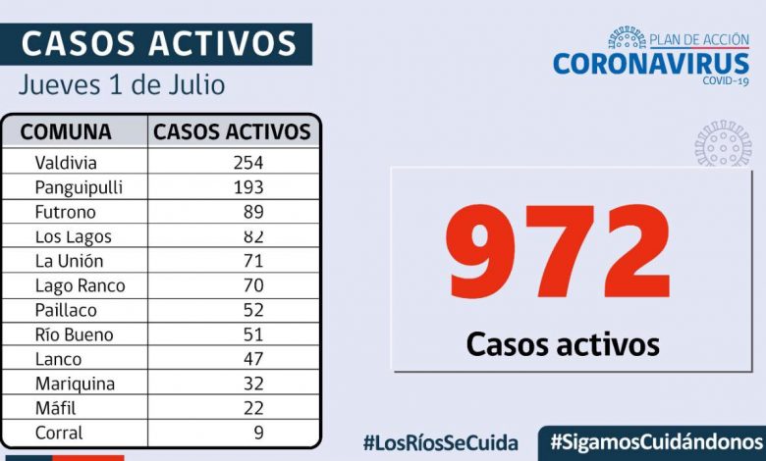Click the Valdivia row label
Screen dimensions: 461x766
coord(66,163)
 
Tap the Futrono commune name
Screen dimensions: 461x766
coord(65,212)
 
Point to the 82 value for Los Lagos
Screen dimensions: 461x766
coord(254,236)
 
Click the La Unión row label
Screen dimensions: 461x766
coord(69,261)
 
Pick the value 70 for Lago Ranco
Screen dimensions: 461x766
coord(253,285)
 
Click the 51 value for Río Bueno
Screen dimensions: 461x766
coord(253,334)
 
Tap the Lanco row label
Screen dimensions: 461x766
coord(58,359)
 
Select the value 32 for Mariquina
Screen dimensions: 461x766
coord(253,384)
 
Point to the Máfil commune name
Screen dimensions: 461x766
coord(55,408)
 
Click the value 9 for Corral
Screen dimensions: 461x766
coord(258,433)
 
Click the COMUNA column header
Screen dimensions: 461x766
coord(66,131)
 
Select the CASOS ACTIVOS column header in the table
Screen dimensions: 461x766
coord(233,131)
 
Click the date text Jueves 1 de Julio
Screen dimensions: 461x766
coord(122,84)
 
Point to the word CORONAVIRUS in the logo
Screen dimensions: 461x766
coord(651,64)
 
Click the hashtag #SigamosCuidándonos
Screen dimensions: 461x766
coord(655,442)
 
